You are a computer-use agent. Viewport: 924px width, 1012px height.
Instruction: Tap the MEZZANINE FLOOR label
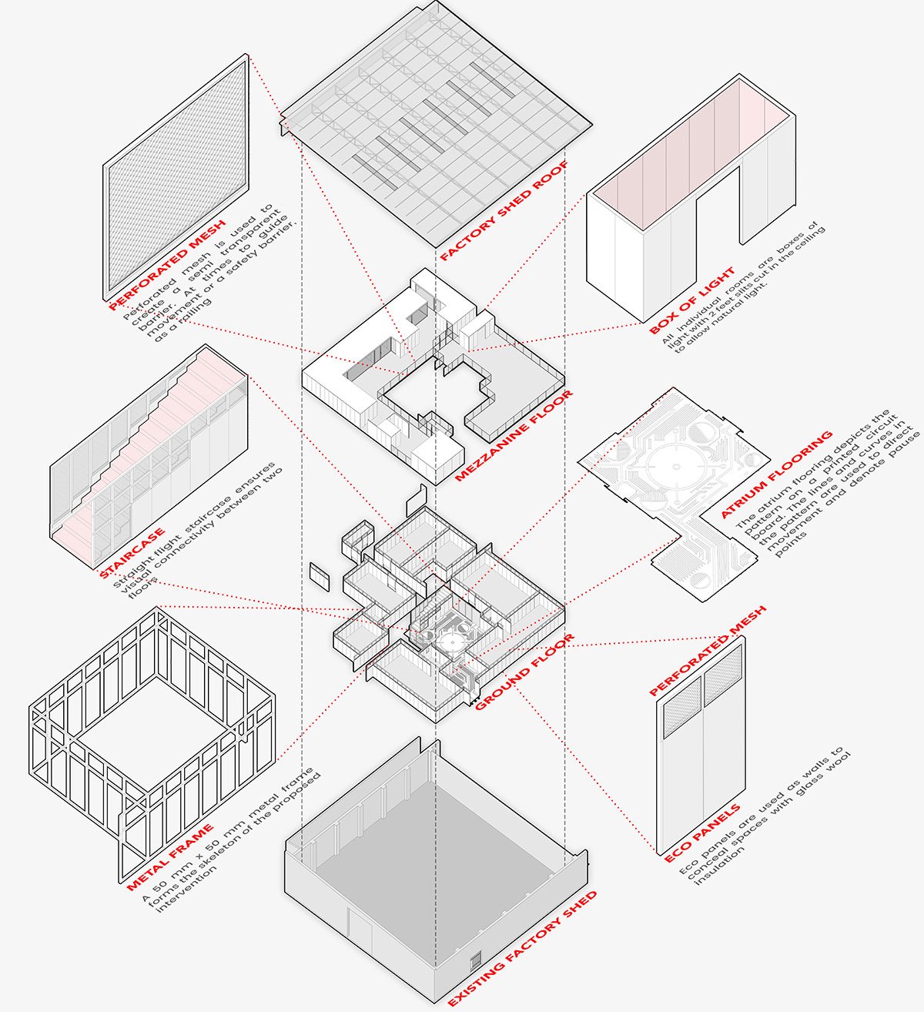[x=514, y=436]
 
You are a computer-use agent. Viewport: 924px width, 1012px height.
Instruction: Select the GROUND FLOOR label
[x=524, y=672]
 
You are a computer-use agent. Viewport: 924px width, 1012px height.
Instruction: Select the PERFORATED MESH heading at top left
[x=167, y=264]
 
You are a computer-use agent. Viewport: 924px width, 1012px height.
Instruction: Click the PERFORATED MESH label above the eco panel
[x=708, y=652]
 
